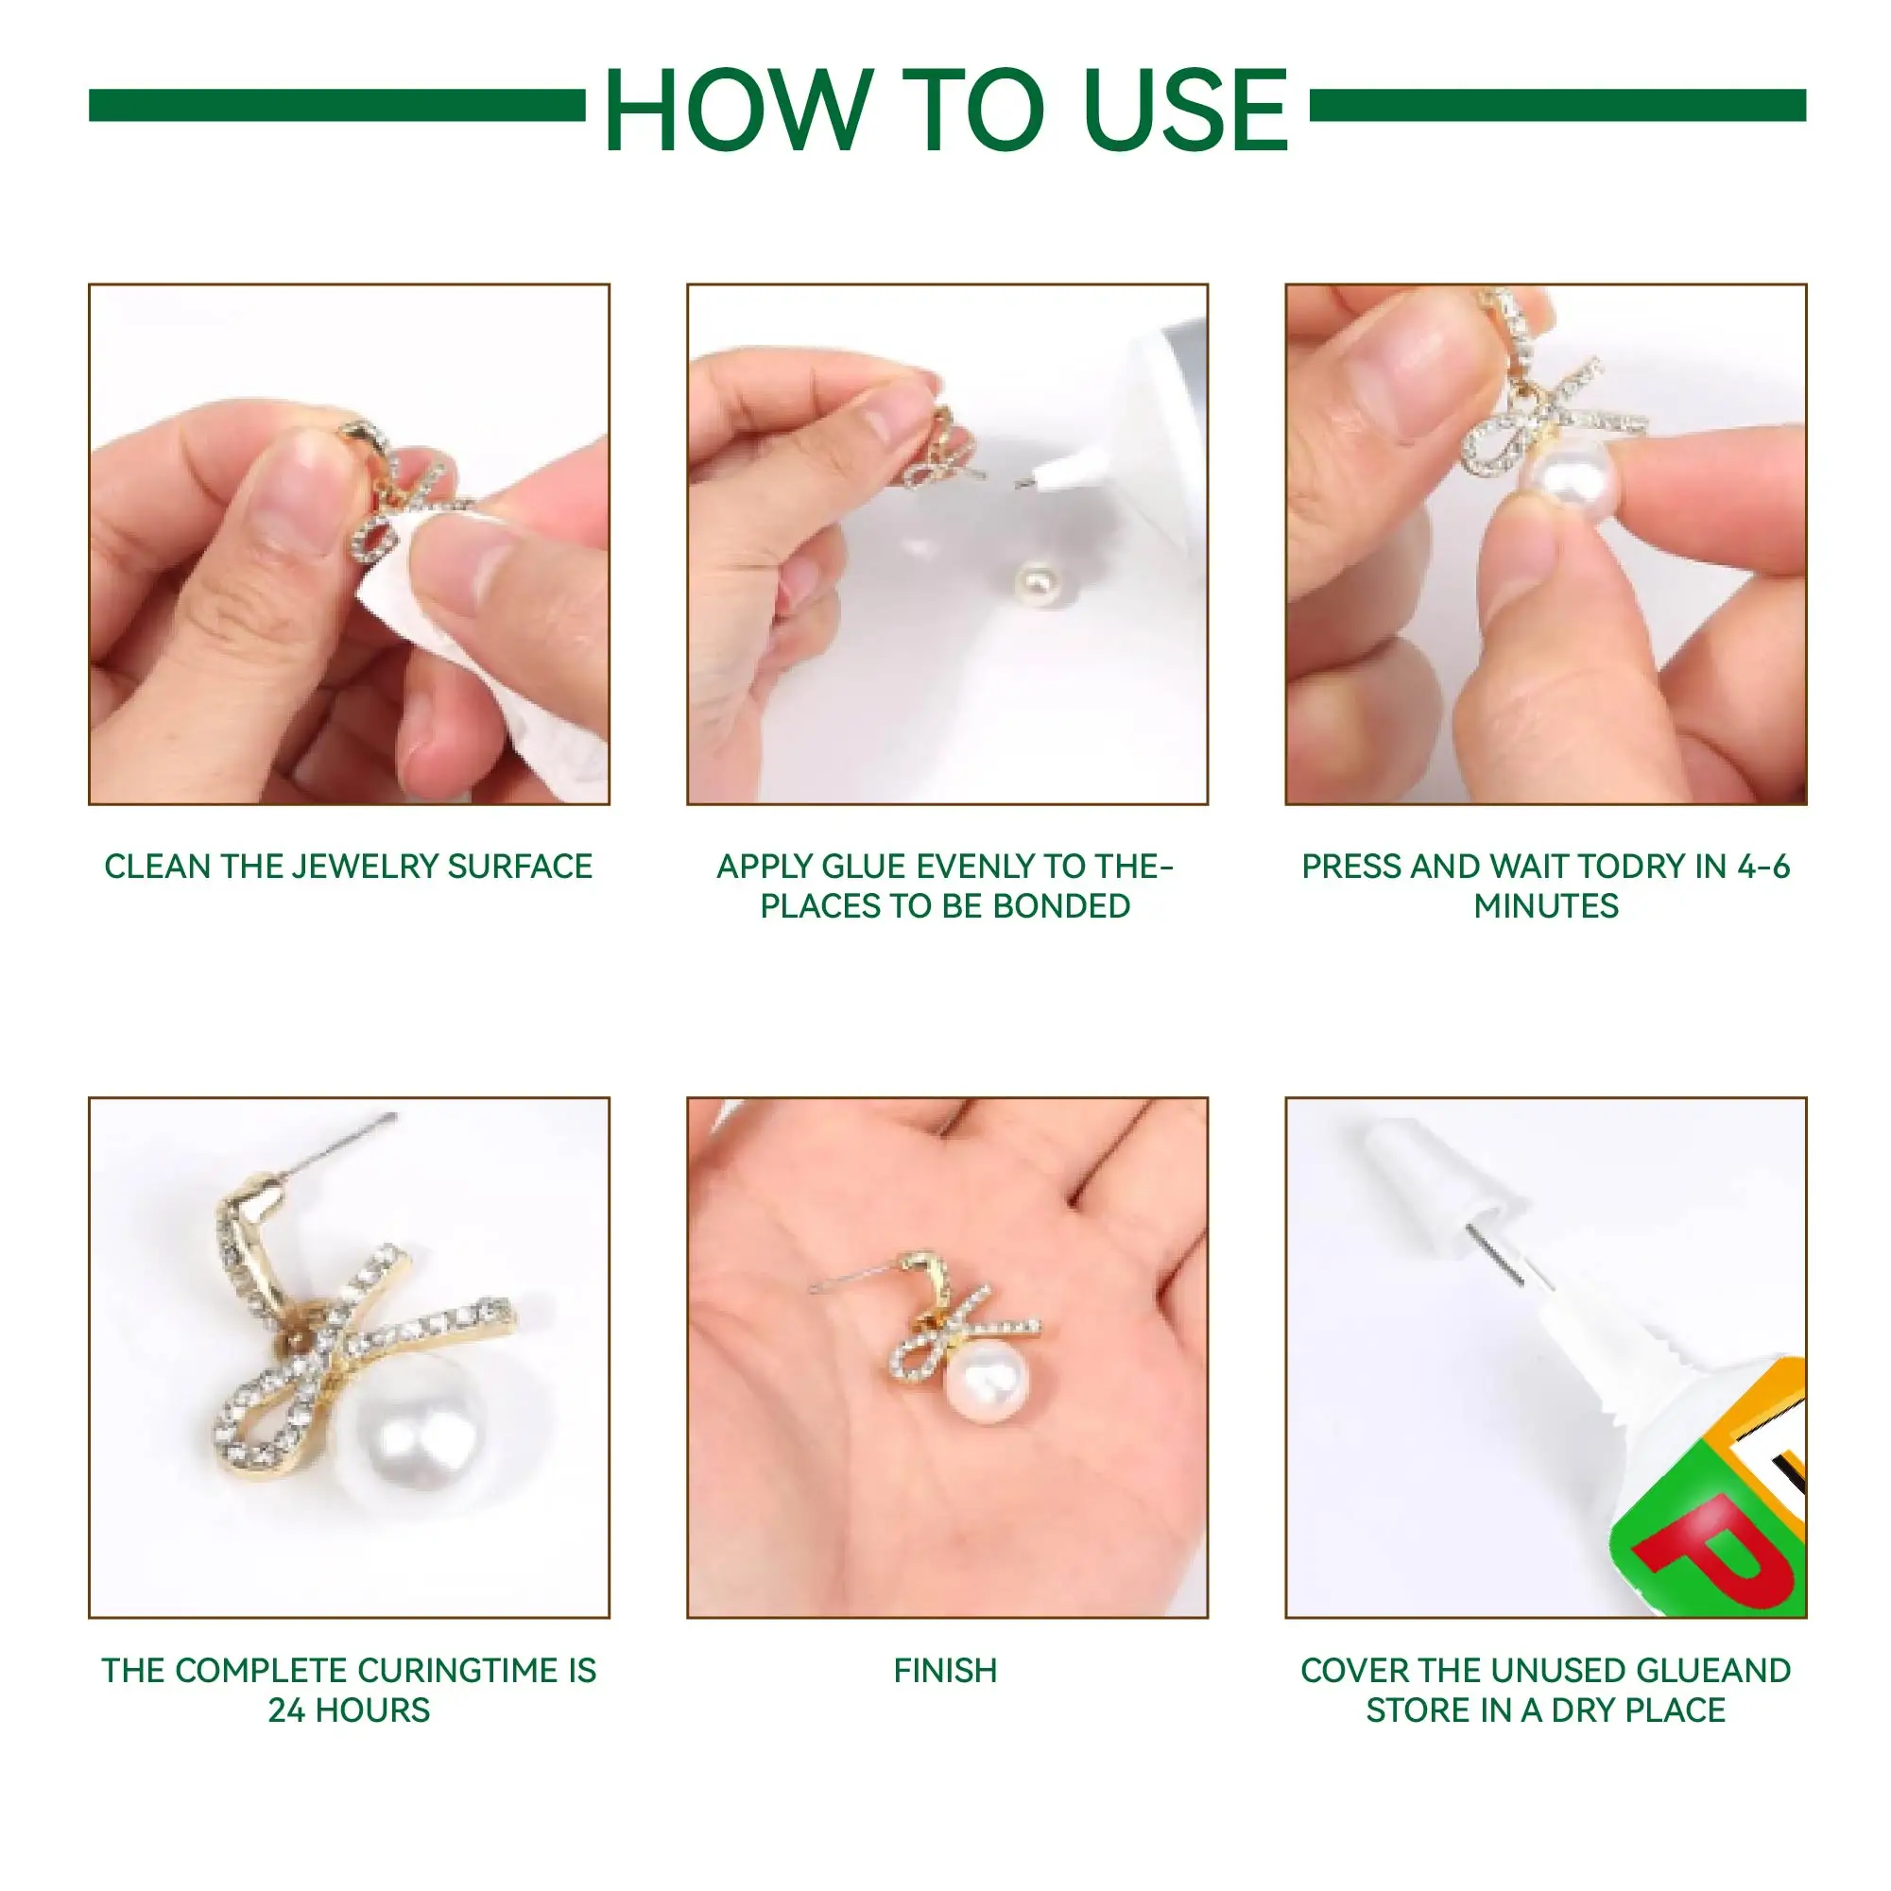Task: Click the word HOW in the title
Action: pyautogui.click(x=740, y=110)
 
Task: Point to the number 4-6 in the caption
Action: pyautogui.click(x=1763, y=867)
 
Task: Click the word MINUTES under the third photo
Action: pyautogui.click(x=1546, y=906)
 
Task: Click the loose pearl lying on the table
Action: pyautogui.click(x=1038, y=584)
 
